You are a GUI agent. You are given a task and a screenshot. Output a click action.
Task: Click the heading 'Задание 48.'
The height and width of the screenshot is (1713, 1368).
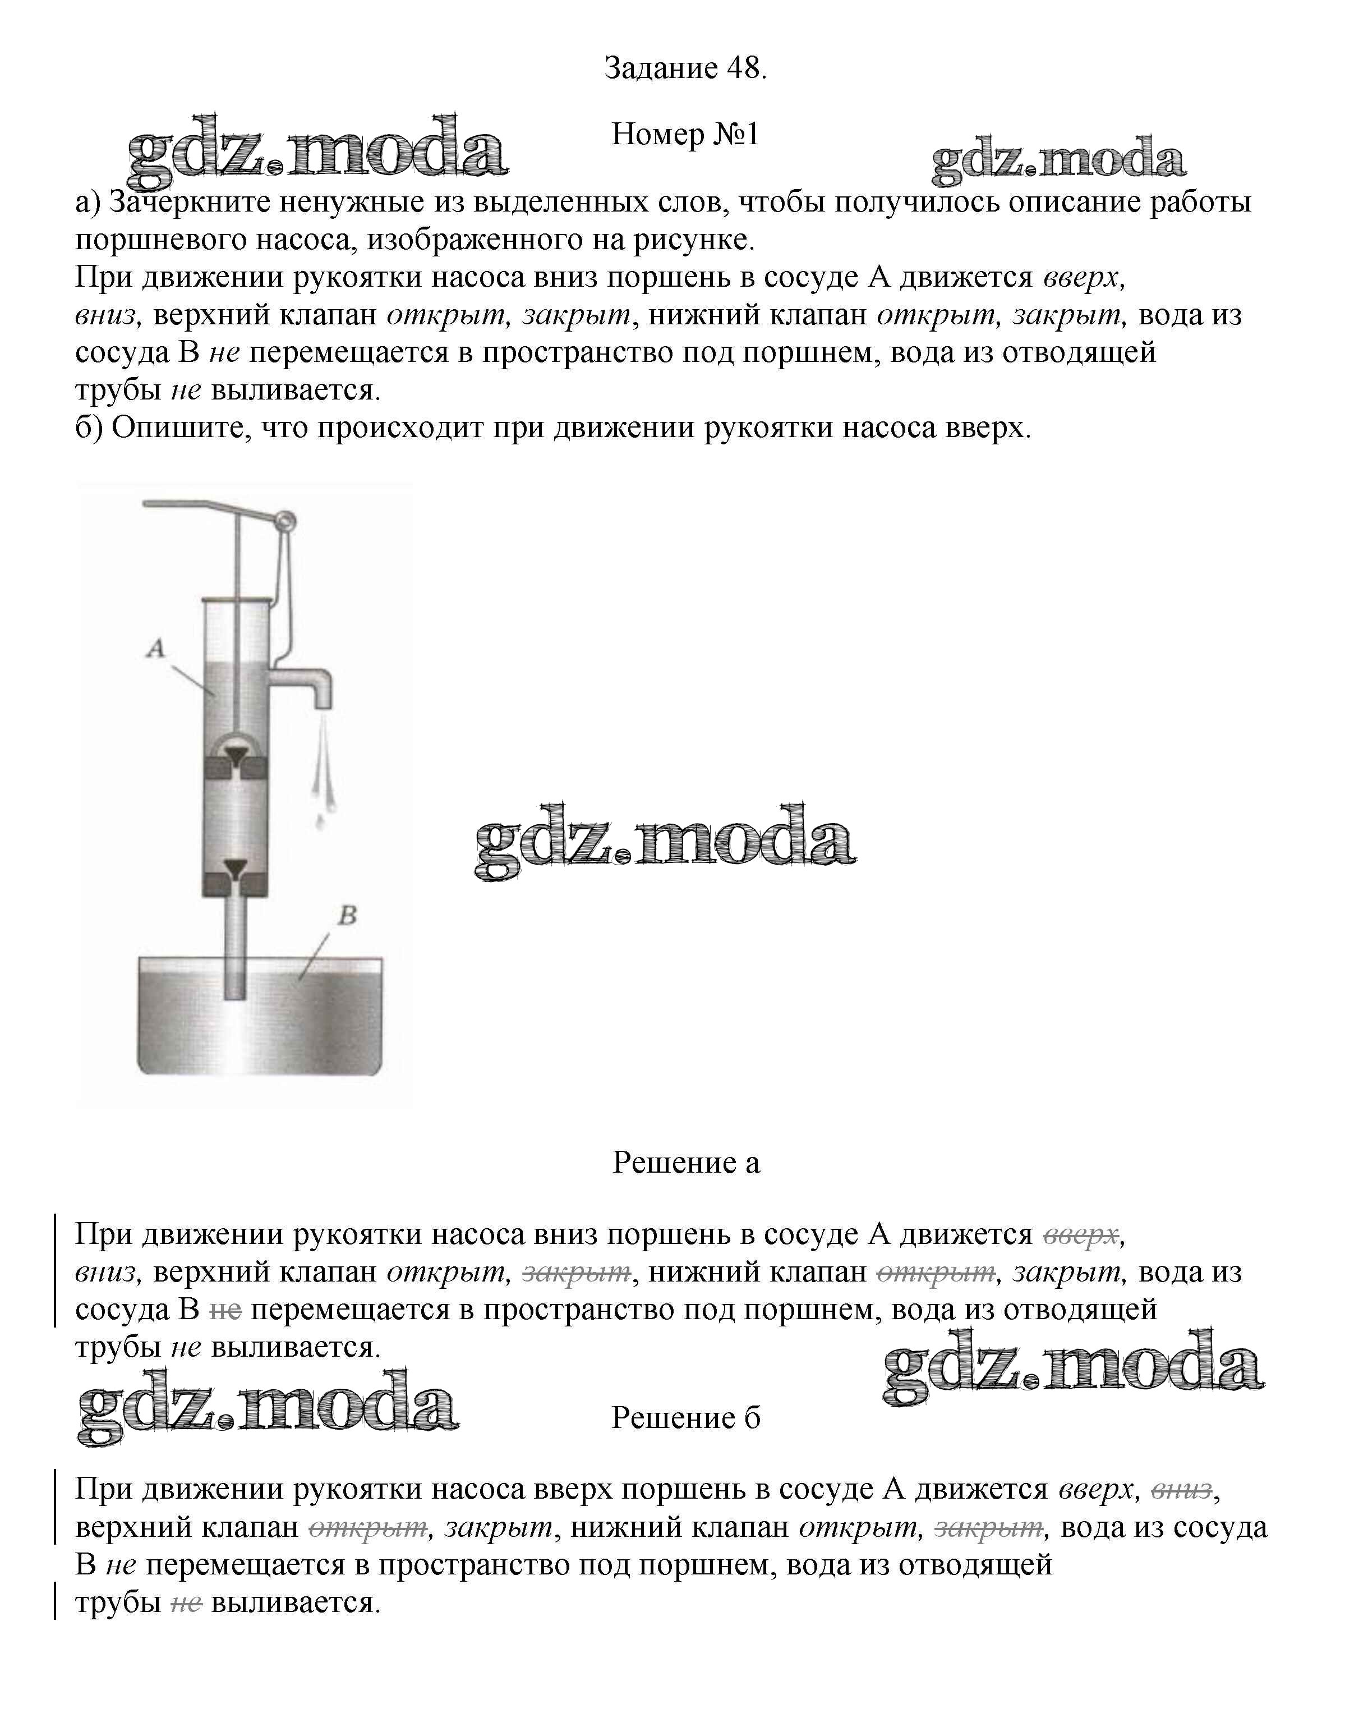685,68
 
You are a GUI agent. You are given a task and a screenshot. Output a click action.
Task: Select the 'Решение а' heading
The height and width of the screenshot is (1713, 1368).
685,1163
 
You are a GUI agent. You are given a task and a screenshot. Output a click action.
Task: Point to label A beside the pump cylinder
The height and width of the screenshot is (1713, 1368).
156,649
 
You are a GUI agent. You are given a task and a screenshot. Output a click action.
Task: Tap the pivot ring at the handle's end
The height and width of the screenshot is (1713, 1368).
284,521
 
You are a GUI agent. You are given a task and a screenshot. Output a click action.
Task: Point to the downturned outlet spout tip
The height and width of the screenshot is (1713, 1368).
323,699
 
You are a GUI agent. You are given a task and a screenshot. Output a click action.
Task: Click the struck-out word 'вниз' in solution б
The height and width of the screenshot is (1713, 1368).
1181,1489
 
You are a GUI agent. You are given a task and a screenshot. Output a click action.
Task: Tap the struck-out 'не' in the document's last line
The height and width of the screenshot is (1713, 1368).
186,1602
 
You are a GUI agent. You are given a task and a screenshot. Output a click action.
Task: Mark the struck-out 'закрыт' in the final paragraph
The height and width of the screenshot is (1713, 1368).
988,1527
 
